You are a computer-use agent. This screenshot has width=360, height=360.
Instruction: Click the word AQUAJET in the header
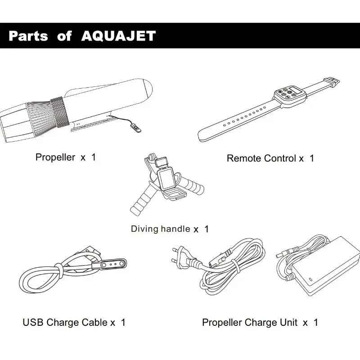pos(119,36)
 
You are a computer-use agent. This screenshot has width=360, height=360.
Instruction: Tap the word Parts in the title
pos(28,36)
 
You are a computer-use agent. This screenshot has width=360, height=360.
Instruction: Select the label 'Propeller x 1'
pos(66,157)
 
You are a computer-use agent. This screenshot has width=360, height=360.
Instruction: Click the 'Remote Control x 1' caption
pos(270,158)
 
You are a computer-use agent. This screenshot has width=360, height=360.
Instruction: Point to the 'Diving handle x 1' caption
pos(170,229)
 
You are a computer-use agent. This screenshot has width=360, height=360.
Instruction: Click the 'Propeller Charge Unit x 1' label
pos(260,322)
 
